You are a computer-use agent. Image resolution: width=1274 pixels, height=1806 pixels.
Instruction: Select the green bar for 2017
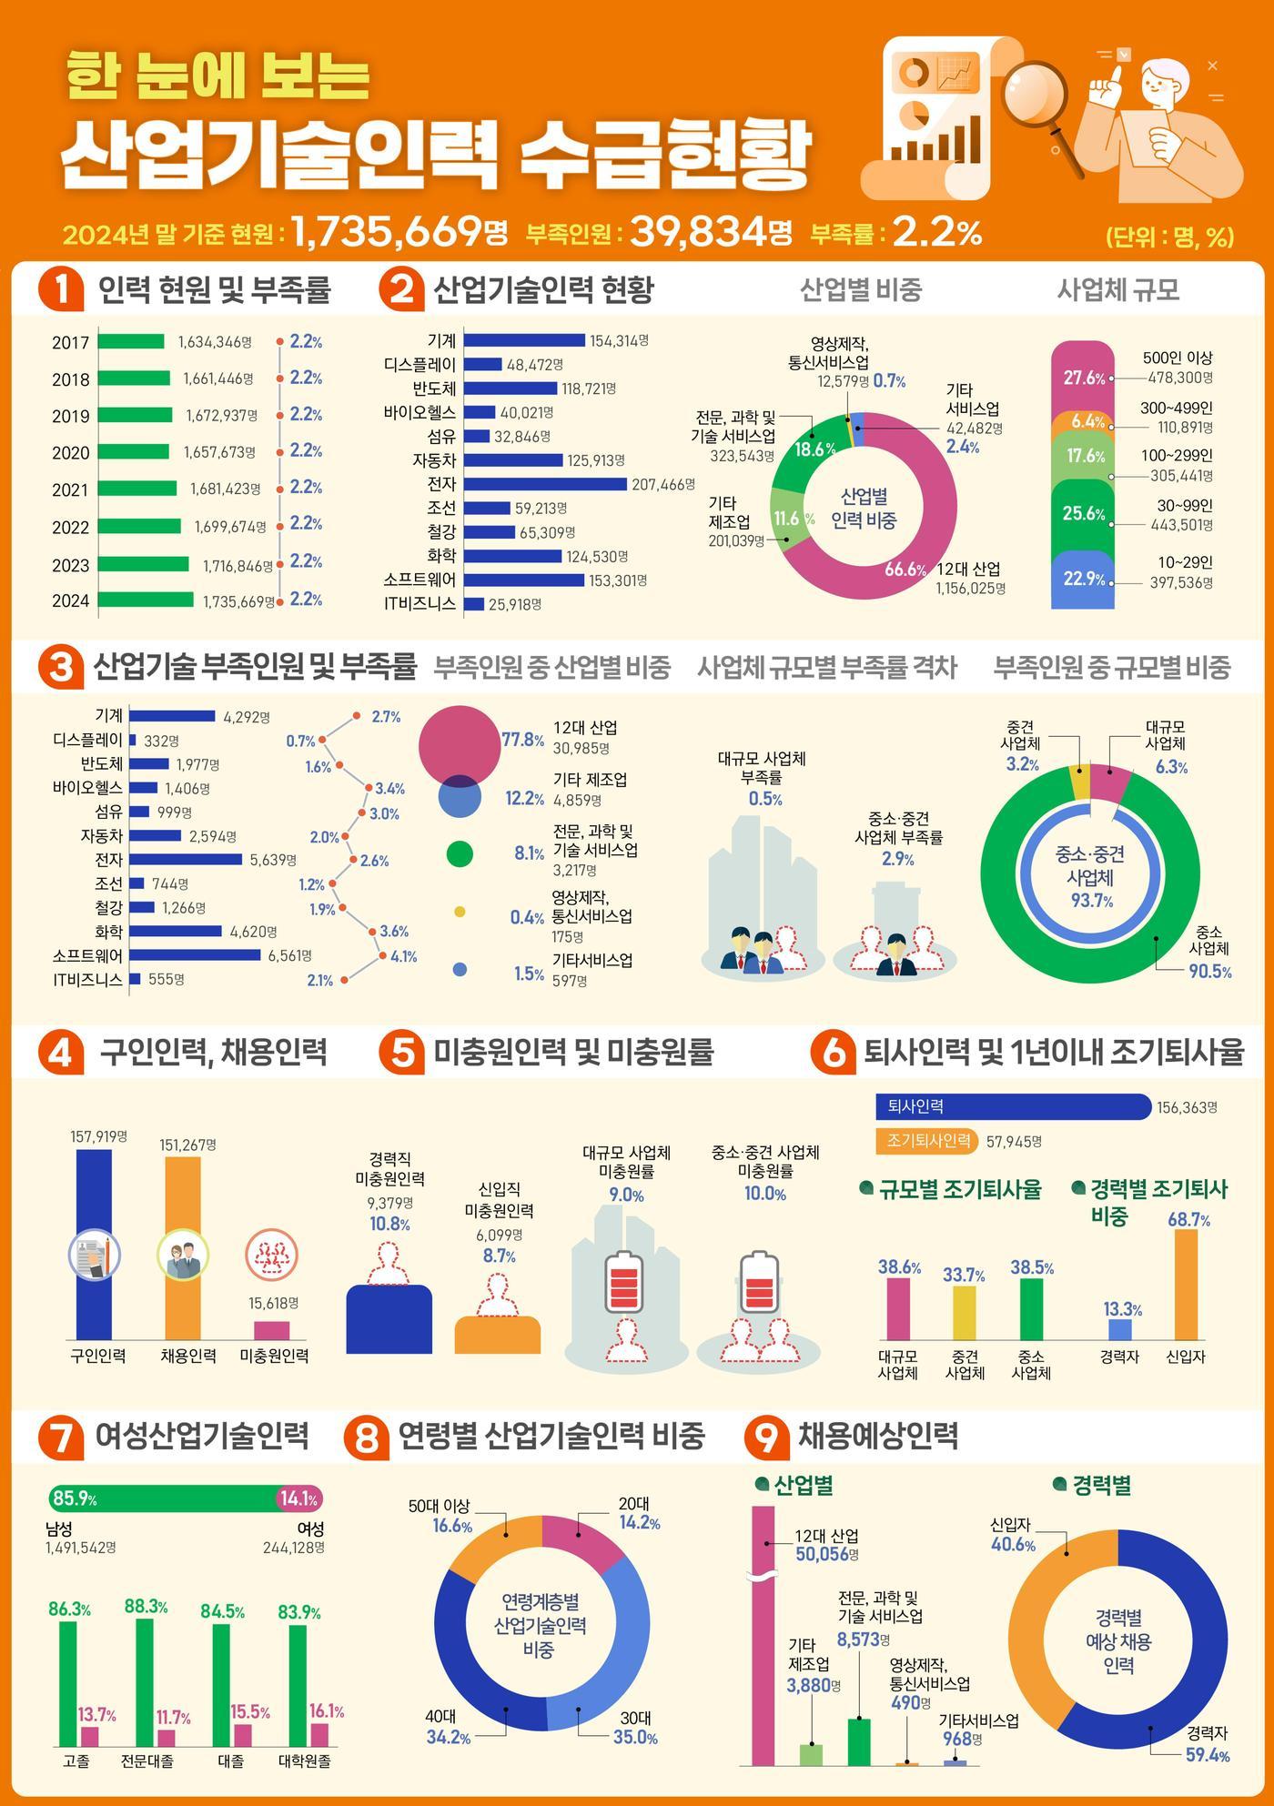[x=131, y=342]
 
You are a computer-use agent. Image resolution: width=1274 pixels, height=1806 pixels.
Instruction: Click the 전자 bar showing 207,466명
[x=545, y=484]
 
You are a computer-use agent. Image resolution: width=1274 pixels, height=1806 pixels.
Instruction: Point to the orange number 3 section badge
[x=60, y=667]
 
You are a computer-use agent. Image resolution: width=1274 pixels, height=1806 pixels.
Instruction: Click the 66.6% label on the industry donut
[x=905, y=570]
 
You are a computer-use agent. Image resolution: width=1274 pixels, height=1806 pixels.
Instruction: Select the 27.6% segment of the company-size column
[x=1083, y=374]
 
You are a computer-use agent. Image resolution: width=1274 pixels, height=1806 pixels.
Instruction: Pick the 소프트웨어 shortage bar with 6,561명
[x=195, y=955]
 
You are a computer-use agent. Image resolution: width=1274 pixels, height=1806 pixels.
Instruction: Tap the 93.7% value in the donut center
[x=1091, y=901]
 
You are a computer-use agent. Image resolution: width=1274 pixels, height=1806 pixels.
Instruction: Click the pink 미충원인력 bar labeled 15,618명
[x=271, y=1330]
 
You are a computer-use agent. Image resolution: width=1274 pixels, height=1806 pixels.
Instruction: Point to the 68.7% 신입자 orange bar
[x=1186, y=1285]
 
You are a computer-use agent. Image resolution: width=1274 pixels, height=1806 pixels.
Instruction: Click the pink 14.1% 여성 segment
[x=299, y=1498]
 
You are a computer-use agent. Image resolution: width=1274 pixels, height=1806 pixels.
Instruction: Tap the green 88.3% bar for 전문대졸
[x=145, y=1682]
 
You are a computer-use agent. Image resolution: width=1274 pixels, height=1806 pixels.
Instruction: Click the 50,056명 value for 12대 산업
[x=827, y=1553]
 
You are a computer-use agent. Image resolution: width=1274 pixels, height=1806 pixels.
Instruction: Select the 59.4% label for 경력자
[x=1207, y=1755]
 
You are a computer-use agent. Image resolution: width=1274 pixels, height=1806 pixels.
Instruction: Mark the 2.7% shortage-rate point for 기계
[x=356, y=716]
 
